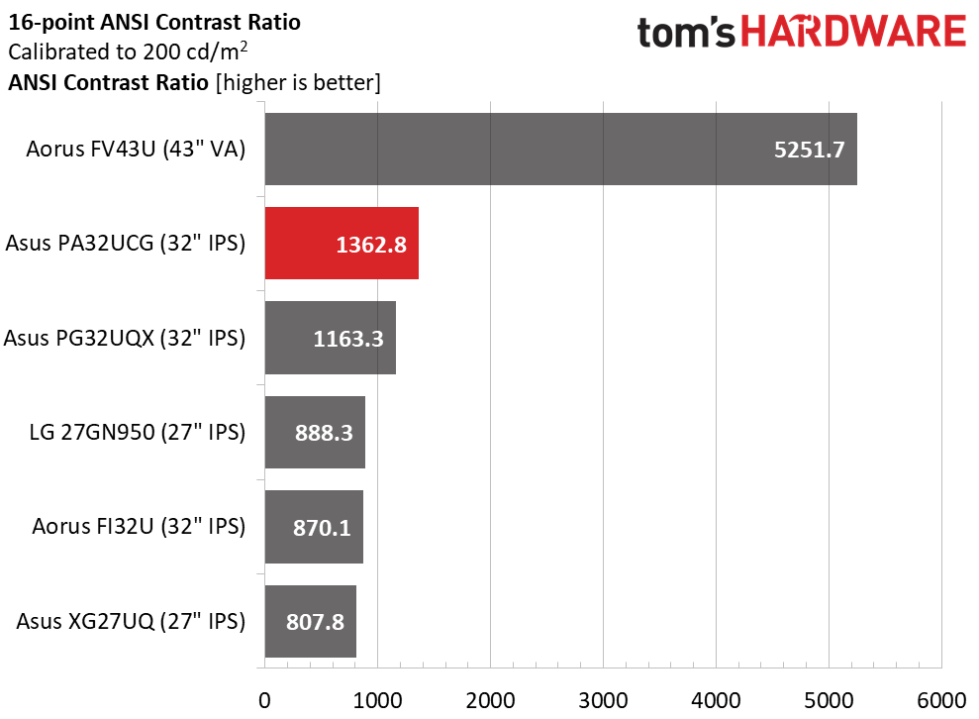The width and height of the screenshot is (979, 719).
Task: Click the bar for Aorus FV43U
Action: click(560, 150)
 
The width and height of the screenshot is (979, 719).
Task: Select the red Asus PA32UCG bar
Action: click(342, 243)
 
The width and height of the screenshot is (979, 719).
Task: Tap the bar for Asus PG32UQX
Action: click(331, 338)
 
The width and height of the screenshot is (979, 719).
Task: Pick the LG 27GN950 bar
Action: click(315, 432)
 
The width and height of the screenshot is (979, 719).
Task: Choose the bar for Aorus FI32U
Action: click(314, 527)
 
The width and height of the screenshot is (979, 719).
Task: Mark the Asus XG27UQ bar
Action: click(310, 622)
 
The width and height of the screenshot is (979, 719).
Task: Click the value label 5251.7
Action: click(809, 150)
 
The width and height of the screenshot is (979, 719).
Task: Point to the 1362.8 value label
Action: click(371, 245)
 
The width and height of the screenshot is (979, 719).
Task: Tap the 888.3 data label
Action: click(324, 433)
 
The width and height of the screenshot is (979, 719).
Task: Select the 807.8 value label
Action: click(316, 622)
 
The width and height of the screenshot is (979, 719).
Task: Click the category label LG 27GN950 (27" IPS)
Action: click(138, 432)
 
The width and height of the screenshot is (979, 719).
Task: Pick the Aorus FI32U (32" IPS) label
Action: click(139, 527)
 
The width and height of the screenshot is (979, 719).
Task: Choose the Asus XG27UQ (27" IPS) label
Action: click(131, 622)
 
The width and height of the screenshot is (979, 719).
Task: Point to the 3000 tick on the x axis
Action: click(603, 700)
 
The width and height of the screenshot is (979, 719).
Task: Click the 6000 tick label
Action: click(941, 700)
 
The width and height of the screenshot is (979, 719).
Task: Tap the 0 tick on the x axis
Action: click(264, 700)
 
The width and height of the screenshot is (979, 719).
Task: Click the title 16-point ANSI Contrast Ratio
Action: click(154, 23)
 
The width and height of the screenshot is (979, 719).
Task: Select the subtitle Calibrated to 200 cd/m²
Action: click(128, 51)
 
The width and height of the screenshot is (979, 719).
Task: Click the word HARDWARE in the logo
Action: click(853, 32)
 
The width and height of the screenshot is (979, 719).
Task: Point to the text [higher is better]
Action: click(298, 82)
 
